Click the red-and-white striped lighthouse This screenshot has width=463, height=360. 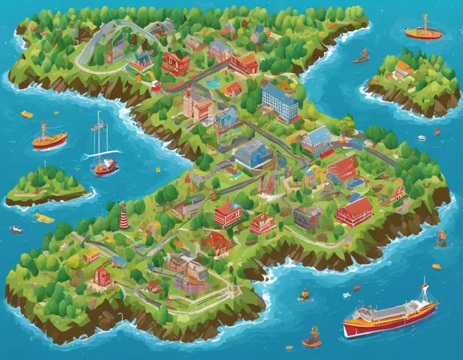(x=123, y=215)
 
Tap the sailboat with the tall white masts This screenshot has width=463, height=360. (x=103, y=153)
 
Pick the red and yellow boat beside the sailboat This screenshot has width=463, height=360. (x=50, y=141)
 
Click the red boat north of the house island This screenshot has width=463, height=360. (x=423, y=33)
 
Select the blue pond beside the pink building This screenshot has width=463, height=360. (x=212, y=82)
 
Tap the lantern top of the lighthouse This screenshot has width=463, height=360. (x=123, y=207)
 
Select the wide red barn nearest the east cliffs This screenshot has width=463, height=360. (x=354, y=211)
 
